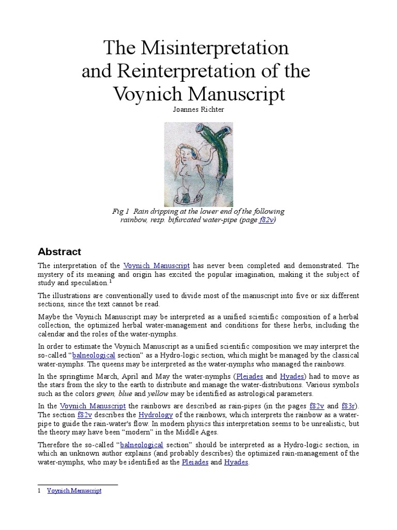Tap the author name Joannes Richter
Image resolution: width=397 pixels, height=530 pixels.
(x=198, y=111)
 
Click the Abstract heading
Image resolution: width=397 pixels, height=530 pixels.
(x=59, y=252)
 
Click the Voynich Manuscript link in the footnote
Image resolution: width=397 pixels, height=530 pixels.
(x=74, y=491)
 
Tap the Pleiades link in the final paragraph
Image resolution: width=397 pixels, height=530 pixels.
(x=195, y=462)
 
